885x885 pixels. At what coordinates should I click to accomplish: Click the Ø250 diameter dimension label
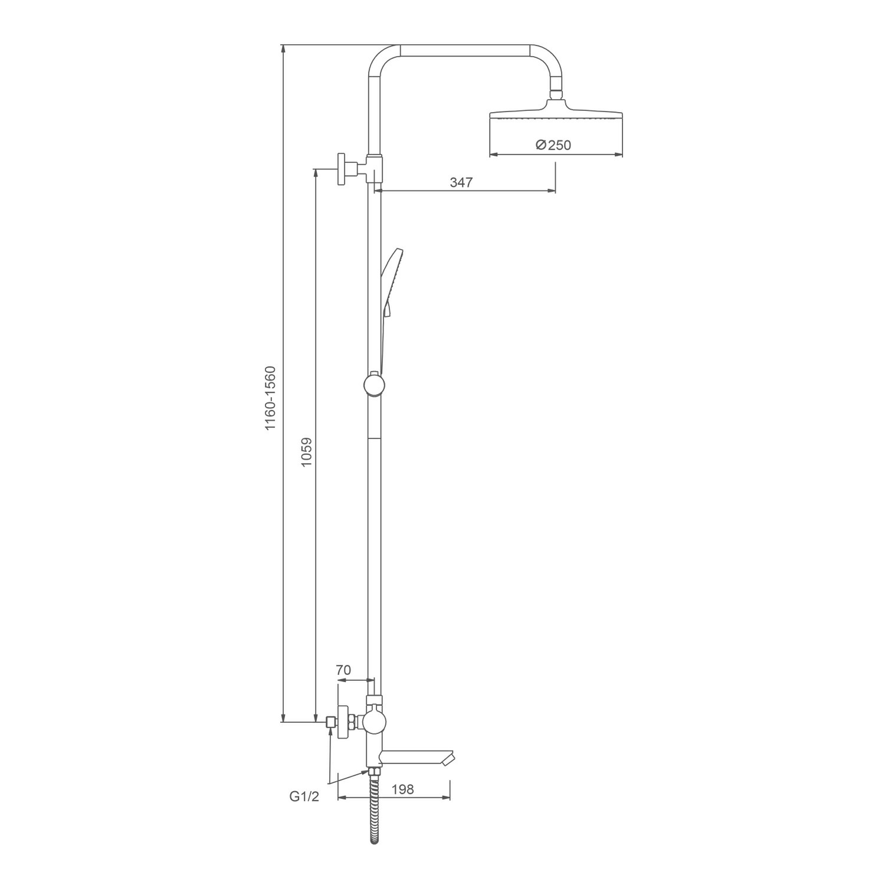coord(553,145)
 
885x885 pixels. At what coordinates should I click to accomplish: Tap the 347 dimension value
coord(461,182)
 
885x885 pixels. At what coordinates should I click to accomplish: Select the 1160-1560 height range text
coord(270,398)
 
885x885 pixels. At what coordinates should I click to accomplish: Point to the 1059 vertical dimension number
coord(306,453)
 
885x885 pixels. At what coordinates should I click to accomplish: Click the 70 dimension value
coord(343,670)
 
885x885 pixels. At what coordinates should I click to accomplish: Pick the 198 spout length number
coord(402,789)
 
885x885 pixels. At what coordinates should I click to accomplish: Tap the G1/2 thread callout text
coord(304,797)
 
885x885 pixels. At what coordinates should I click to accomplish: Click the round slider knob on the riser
coord(375,385)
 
